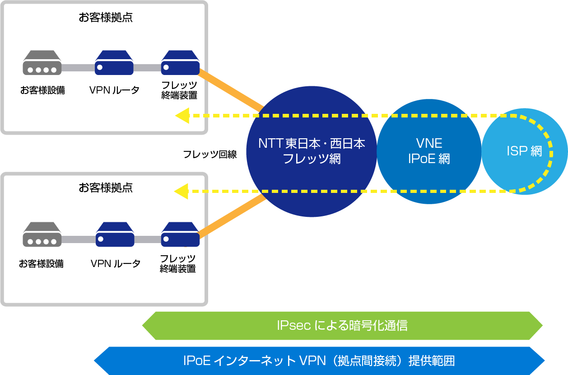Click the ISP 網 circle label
[x=524, y=151]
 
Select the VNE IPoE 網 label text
[x=429, y=151]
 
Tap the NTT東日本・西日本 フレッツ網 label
[x=312, y=151]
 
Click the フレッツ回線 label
[x=210, y=154]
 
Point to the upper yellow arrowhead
[x=182, y=116]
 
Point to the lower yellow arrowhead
[x=182, y=192]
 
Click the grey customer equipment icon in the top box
[x=42, y=63]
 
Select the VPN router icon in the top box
[x=114, y=63]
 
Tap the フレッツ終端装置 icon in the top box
[x=181, y=63]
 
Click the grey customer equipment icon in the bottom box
[x=42, y=234]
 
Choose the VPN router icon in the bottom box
[x=115, y=234]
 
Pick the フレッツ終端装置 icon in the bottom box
[x=181, y=234]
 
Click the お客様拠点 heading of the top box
[x=106, y=18]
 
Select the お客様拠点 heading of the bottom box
[x=106, y=187]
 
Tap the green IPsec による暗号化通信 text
[x=342, y=325]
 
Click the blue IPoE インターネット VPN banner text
[x=319, y=361]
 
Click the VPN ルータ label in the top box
[x=114, y=90]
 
